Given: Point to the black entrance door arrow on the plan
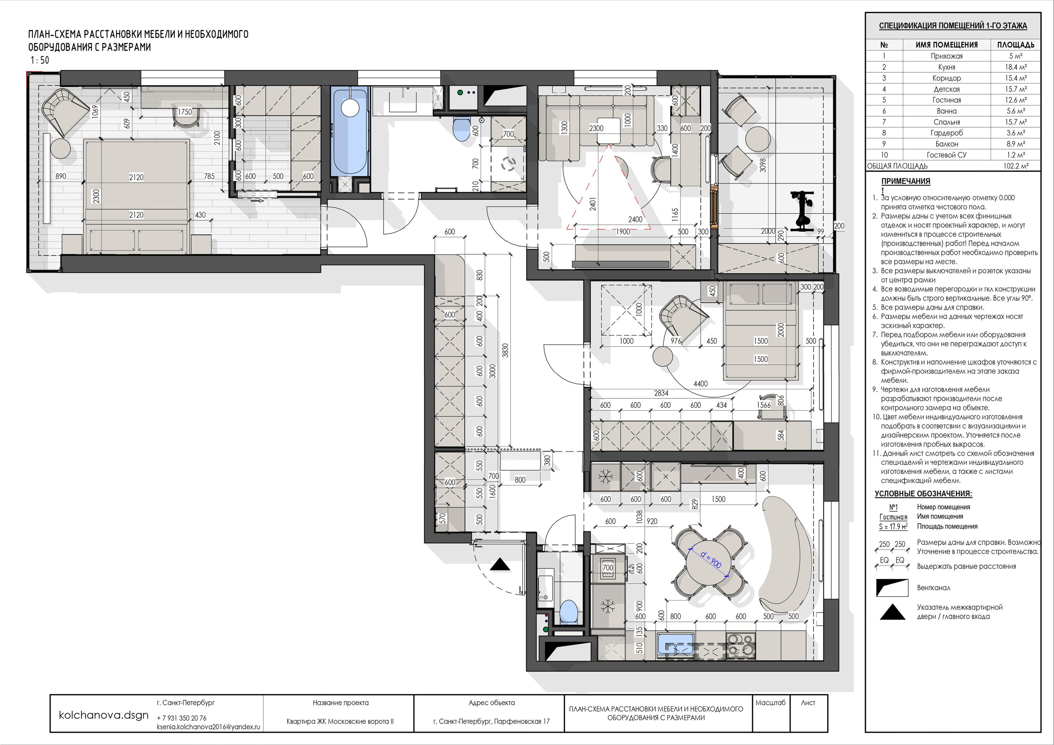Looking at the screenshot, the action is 500,565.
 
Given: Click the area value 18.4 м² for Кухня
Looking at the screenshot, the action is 1015,67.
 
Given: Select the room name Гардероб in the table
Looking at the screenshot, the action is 947,133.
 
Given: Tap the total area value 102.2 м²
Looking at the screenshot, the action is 1015,166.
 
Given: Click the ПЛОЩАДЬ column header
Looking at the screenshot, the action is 1015,45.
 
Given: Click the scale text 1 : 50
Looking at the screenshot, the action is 40,60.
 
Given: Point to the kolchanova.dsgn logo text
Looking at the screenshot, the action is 104,715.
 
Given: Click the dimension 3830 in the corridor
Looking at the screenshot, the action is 505,351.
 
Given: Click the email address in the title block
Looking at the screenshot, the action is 208,726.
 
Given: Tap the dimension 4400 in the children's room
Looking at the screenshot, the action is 700,384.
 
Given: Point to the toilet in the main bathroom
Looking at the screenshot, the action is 460,129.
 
